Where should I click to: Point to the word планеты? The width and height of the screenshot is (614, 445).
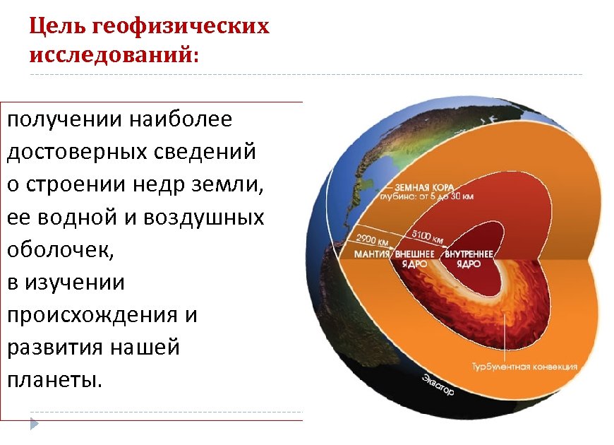(54, 380)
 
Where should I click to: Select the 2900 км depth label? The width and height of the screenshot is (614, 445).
(371, 239)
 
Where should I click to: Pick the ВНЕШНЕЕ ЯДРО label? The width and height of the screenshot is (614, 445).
(414, 258)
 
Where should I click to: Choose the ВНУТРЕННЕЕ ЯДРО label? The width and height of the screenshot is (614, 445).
(468, 258)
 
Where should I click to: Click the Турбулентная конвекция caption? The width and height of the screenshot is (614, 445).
(524, 367)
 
